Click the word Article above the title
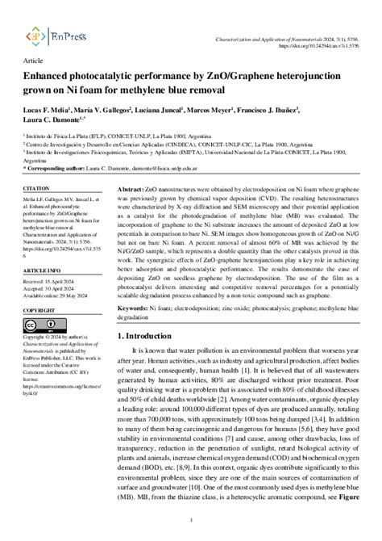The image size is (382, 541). [34, 61]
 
